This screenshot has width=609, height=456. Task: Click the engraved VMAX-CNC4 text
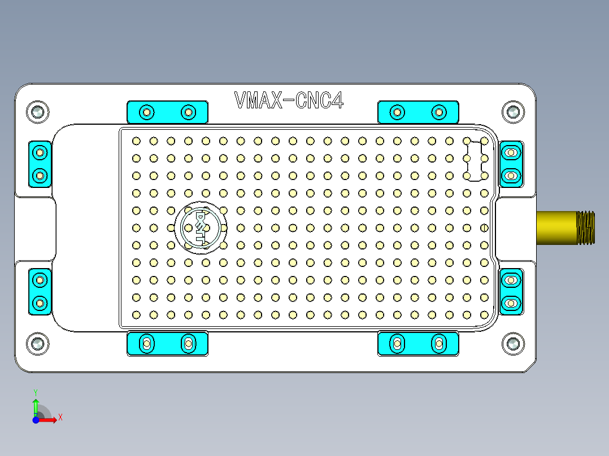289,101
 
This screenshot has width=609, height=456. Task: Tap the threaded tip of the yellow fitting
586,227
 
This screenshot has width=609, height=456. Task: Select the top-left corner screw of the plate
38,112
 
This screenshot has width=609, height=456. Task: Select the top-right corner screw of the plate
513,112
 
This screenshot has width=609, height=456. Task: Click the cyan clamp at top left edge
167,112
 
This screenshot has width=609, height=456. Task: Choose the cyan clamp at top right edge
418,112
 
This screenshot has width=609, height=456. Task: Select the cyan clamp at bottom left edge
167,343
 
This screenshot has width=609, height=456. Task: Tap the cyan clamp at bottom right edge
418,343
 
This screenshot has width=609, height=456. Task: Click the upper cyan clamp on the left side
40,164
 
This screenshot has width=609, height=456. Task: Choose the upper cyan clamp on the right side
511,164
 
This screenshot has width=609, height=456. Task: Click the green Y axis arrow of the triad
36,404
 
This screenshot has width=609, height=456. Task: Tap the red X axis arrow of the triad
50,419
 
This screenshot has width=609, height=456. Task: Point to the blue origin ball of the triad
36,420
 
